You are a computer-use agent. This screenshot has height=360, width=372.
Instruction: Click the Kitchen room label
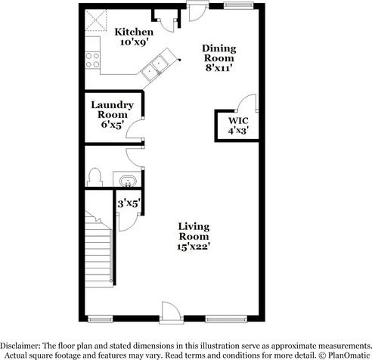(134, 33)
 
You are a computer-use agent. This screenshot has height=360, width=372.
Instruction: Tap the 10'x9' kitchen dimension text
(134, 43)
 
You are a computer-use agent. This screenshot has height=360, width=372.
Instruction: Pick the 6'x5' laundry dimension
(112, 124)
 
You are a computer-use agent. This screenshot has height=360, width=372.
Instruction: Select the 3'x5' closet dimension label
(128, 202)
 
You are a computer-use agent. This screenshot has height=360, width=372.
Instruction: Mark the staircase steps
(99, 257)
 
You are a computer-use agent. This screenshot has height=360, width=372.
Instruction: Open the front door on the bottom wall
(169, 312)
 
